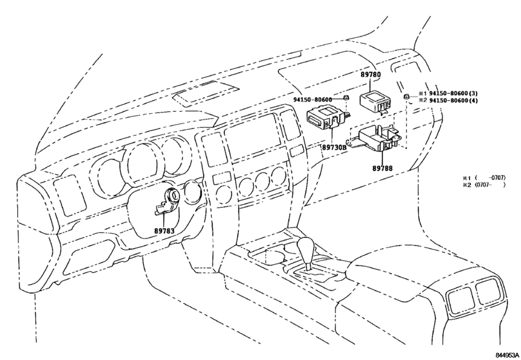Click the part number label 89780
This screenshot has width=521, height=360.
(371, 75)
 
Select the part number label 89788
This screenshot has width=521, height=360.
(382, 168)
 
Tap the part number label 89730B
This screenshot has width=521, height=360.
(333, 147)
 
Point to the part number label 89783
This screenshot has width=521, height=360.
(164, 231)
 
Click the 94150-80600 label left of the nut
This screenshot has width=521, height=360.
(313, 100)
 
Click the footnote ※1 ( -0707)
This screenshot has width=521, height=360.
(484, 178)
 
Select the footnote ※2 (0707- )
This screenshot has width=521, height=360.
(484, 184)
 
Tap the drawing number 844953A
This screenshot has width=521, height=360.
(508, 355)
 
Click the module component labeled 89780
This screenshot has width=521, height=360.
(375, 102)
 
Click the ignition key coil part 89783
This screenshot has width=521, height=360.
(168, 201)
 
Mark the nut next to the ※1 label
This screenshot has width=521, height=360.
(406, 96)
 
